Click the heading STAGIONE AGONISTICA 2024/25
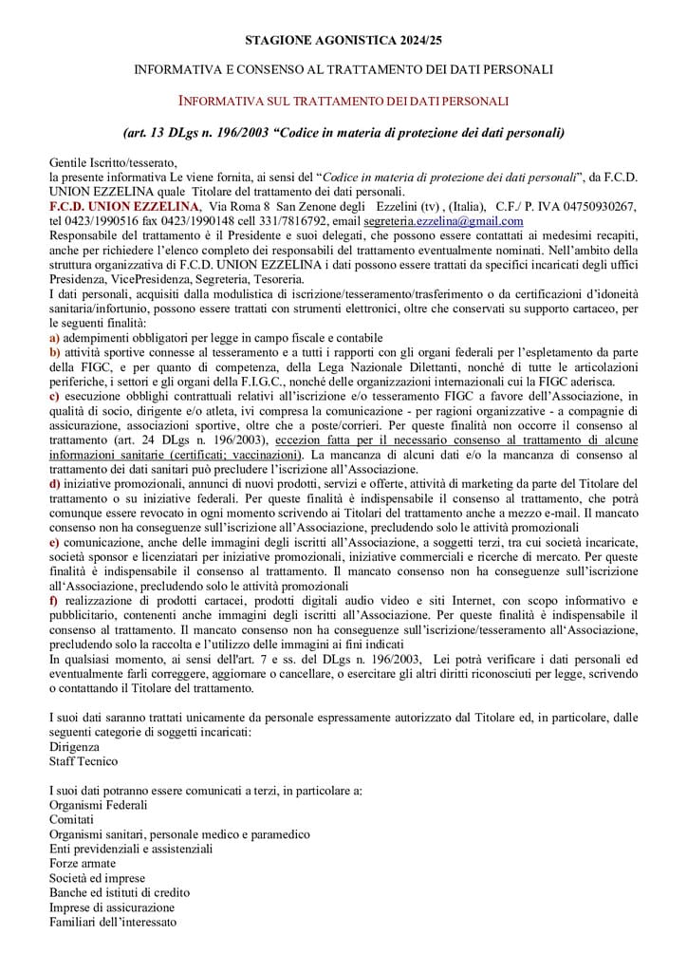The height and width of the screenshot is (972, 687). [x=343, y=41]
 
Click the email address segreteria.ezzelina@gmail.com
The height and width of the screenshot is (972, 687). [x=443, y=221]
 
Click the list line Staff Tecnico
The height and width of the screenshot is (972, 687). [x=84, y=761]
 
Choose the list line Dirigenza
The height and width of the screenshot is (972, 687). [x=74, y=747]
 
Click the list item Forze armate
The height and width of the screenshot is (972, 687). [x=83, y=864]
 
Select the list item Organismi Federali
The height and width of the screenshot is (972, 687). [x=98, y=805]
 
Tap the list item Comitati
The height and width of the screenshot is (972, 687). [x=72, y=819]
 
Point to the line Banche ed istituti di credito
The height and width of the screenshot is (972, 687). [x=119, y=892]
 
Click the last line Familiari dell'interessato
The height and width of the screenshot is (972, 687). [x=112, y=922]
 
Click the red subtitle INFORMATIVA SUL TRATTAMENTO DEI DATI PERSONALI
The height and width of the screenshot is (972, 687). [x=343, y=101]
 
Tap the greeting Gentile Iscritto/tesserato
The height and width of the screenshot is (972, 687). [x=112, y=163]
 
